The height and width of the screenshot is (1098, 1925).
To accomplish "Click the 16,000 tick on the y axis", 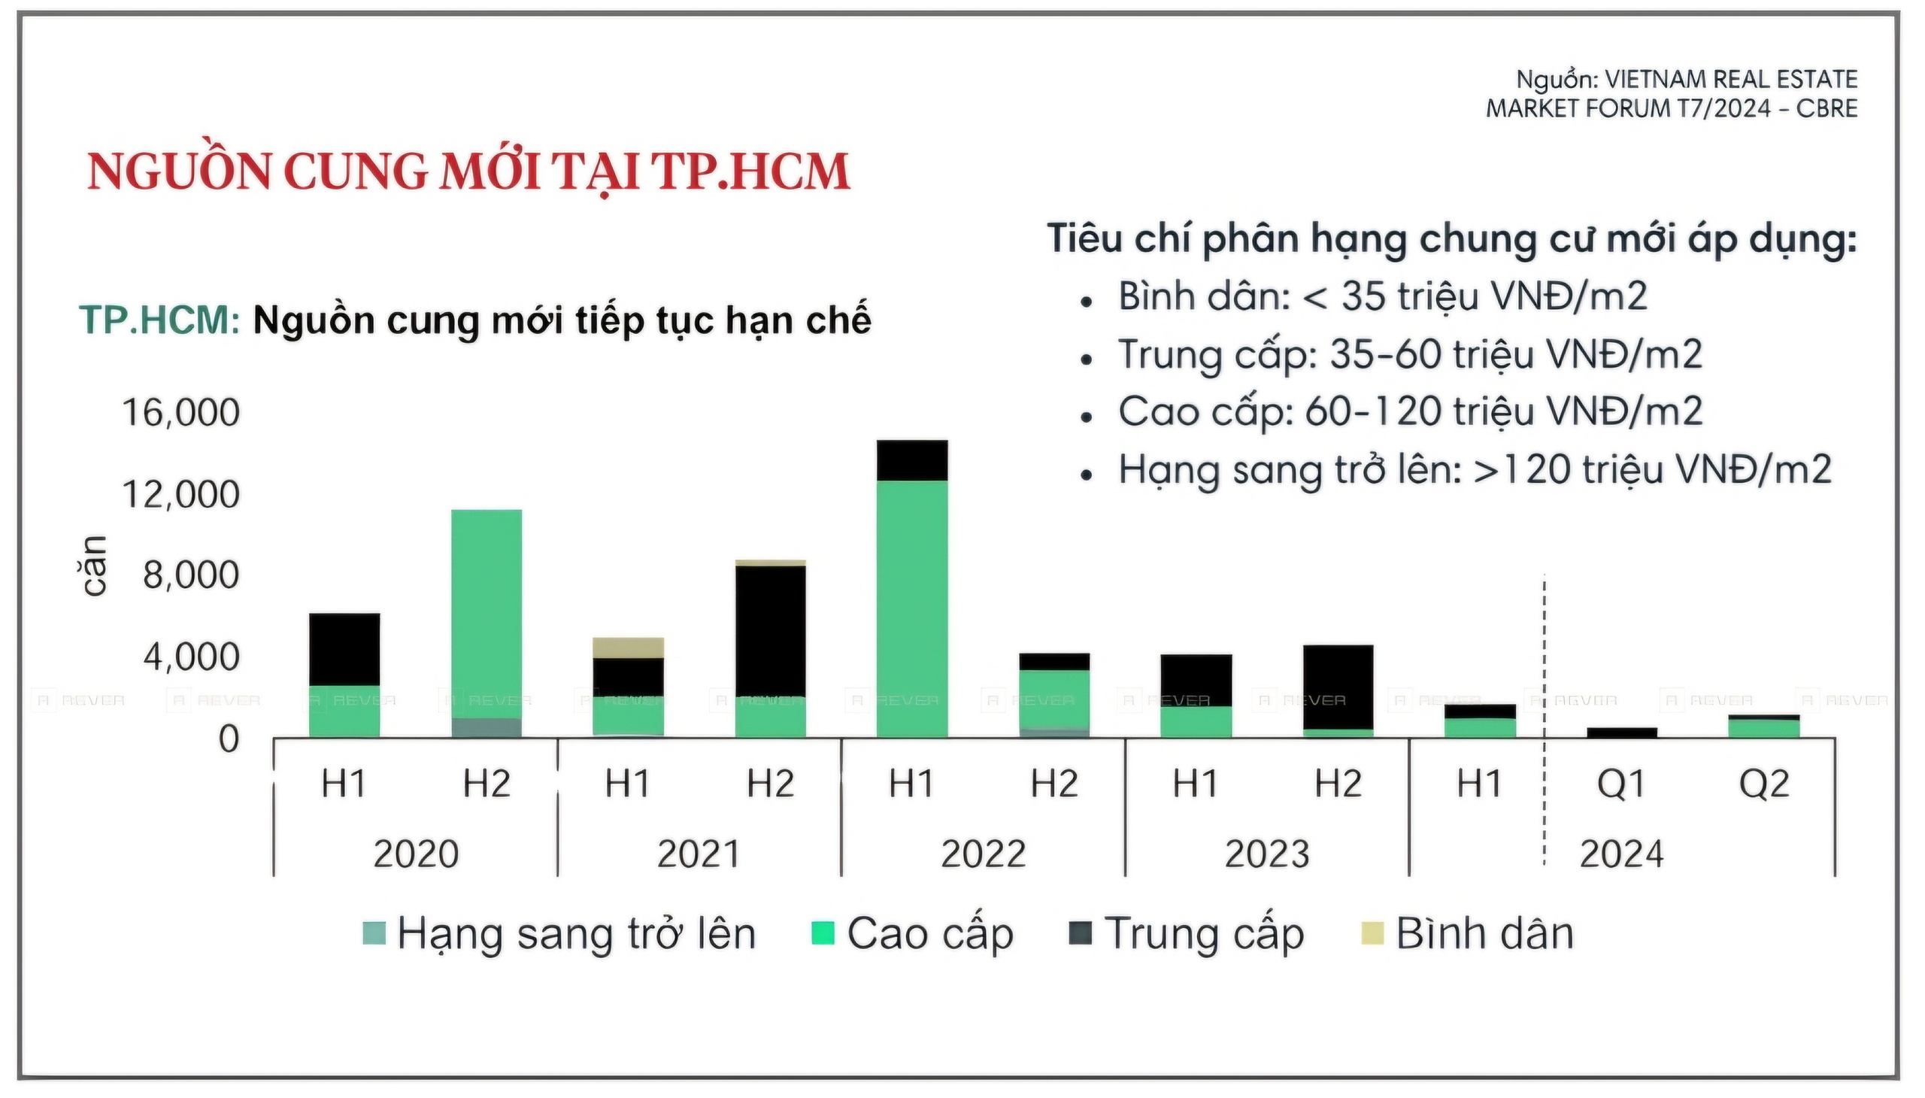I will [180, 414].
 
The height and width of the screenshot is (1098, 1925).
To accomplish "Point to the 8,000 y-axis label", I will [191, 575].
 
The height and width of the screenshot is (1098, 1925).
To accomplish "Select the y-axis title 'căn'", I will [94, 566].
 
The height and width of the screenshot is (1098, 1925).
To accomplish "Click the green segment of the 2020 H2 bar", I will [487, 611].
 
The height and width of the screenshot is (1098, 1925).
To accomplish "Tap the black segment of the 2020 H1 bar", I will [344, 648].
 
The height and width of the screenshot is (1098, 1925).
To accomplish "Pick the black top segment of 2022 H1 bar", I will [911, 460].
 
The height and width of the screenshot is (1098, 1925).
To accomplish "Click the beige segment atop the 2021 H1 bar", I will [628, 647].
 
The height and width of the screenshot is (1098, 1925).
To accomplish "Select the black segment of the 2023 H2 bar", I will [1338, 686].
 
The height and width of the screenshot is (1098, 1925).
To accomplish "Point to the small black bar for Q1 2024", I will [1621, 733].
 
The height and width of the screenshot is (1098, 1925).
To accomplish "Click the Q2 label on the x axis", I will [1763, 784].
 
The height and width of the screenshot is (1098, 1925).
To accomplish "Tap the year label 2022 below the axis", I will [983, 854].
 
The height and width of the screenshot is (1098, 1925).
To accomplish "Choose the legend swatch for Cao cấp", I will [822, 933].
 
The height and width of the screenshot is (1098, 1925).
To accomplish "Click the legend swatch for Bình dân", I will [1372, 933].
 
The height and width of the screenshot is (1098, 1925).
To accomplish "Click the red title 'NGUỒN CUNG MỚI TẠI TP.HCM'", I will [468, 172].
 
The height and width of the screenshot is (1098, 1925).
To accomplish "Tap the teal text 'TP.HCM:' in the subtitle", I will [159, 320].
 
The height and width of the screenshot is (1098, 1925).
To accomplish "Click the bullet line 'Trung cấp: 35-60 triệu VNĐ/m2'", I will [1408, 354].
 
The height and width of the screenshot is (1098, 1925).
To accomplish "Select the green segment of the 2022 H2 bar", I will [1053, 698].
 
